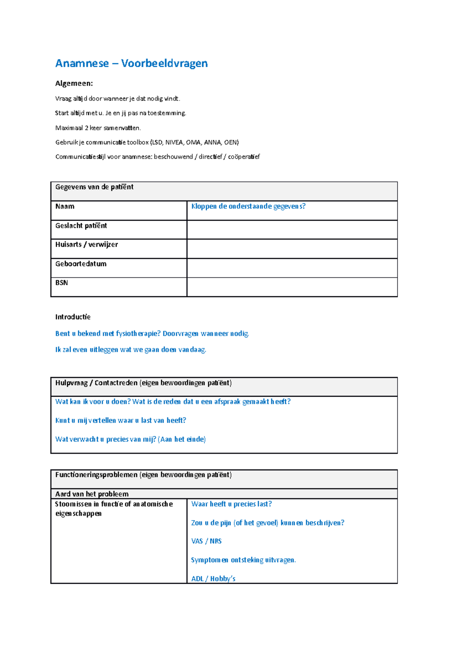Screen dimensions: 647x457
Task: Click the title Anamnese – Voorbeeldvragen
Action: (131, 63)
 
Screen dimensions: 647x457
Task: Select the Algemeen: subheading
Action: (74, 83)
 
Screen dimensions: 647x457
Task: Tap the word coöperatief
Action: (244, 157)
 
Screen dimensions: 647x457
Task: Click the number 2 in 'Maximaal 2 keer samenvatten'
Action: (86, 128)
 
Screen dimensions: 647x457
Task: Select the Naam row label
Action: (65, 207)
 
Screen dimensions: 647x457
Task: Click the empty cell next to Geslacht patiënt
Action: (292, 230)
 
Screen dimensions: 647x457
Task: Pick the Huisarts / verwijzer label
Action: (86, 245)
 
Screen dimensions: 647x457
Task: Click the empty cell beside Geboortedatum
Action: (292, 268)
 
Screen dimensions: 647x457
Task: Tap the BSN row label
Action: (62, 283)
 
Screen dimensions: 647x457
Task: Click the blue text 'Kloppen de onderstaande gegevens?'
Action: (248, 207)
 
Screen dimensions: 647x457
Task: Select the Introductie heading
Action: (73, 317)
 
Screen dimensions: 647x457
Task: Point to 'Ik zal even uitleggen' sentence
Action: (130, 350)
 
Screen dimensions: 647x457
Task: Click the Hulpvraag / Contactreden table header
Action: (143, 383)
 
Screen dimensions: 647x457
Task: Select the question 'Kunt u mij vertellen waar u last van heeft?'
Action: (120, 421)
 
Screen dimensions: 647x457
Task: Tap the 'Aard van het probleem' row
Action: (92, 494)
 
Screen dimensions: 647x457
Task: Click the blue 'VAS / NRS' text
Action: (206, 541)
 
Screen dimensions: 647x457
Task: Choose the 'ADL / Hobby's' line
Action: (213, 579)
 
